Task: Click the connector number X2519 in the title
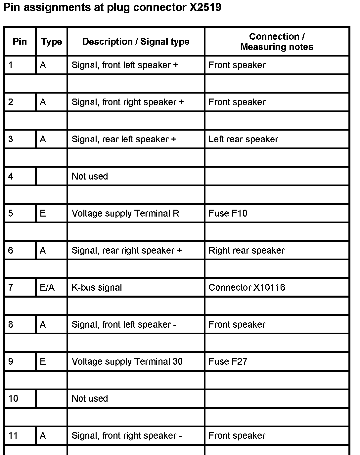click(x=205, y=8)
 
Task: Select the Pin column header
click(x=20, y=42)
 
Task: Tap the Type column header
click(x=51, y=42)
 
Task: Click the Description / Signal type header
click(x=136, y=42)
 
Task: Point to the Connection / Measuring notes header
click(x=277, y=42)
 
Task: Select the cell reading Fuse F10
click(x=228, y=213)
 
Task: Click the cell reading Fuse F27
click(x=228, y=361)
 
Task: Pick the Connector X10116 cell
click(x=247, y=287)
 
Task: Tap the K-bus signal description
click(x=97, y=287)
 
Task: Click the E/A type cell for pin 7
click(x=47, y=287)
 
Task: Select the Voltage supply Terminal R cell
click(x=125, y=213)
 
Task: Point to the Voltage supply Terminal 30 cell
click(x=127, y=361)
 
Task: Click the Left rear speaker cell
click(x=243, y=139)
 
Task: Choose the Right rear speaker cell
click(x=246, y=250)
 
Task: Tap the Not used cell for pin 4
click(x=90, y=176)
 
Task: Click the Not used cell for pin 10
click(x=90, y=398)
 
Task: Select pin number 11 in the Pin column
click(x=13, y=435)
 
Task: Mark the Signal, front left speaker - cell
click(x=124, y=324)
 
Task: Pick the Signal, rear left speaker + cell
click(x=124, y=139)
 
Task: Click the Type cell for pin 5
click(x=43, y=213)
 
